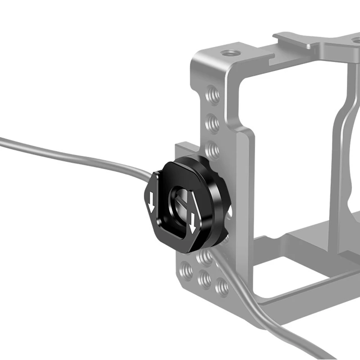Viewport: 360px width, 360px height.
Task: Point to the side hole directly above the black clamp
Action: pos(212,148)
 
